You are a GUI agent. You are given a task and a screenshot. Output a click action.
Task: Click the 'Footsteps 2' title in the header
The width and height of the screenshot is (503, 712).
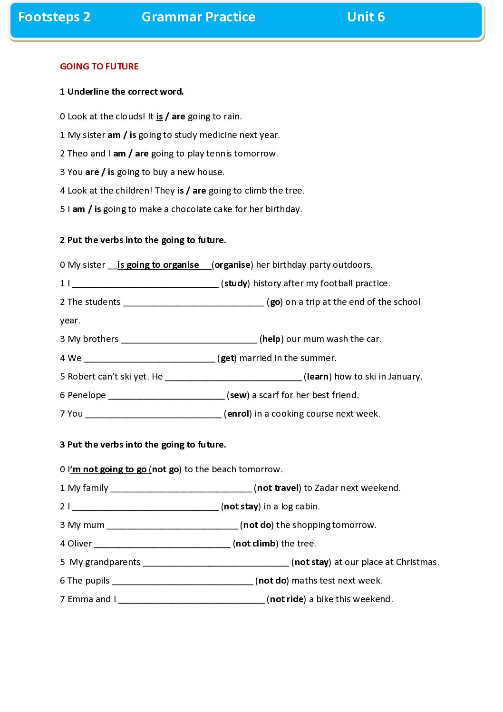click(54, 17)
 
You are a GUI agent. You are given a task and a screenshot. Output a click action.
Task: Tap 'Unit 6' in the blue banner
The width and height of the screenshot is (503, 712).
click(366, 17)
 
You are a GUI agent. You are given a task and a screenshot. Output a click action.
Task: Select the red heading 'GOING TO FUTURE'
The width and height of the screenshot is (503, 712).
click(99, 67)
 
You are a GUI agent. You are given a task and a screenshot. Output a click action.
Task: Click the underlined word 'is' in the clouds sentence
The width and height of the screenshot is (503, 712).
click(159, 117)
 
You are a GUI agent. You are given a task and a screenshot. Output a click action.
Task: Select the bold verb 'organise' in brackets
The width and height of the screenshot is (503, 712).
click(232, 265)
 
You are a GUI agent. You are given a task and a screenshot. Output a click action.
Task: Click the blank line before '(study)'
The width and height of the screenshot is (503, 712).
click(145, 284)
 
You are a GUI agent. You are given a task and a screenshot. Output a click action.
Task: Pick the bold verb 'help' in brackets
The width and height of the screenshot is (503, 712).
click(271, 339)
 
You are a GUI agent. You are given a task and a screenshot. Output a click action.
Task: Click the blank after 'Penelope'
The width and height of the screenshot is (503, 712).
click(166, 396)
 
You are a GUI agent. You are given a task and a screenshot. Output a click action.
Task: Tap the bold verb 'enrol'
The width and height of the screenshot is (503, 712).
click(238, 414)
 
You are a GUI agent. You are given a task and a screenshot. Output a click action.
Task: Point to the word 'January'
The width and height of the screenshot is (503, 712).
click(404, 377)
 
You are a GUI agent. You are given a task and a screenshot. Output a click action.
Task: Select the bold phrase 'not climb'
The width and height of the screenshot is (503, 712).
click(255, 544)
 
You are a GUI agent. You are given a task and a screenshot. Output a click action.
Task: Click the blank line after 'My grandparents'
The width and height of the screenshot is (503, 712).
click(215, 563)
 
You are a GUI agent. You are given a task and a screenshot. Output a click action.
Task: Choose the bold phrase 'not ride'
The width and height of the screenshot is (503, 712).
click(287, 599)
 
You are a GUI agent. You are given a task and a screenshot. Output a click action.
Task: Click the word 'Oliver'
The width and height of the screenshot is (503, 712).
click(80, 544)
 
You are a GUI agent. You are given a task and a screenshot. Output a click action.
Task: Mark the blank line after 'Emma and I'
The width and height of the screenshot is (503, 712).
click(191, 600)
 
